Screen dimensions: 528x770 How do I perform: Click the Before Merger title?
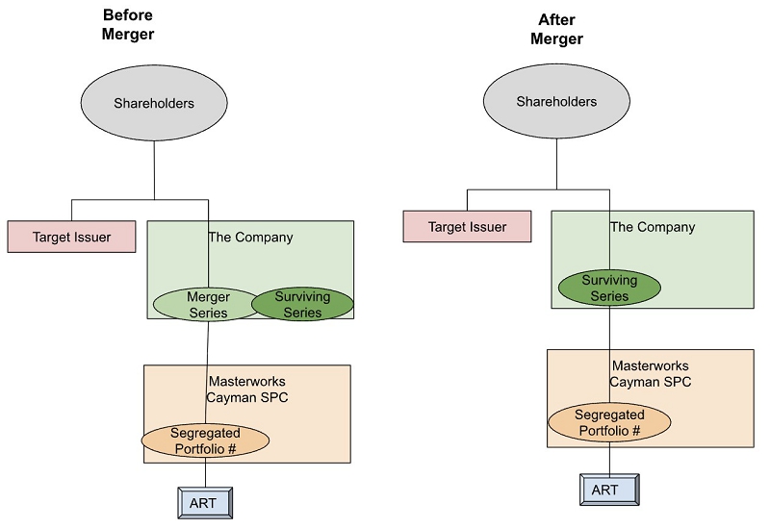(x=127, y=25)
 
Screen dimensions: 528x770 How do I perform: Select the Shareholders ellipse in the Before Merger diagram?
(x=154, y=103)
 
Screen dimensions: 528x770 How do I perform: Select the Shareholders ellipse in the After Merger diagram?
(x=556, y=101)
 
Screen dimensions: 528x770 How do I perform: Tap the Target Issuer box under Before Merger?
(x=71, y=236)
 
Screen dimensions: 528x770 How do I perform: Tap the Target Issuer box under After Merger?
(x=467, y=227)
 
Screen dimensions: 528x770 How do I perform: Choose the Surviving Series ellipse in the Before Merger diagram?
(x=302, y=304)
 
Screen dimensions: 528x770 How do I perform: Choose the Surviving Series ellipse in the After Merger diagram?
(x=609, y=289)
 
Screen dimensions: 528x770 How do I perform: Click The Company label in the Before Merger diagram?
(x=250, y=237)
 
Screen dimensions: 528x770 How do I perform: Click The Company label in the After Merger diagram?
(x=652, y=227)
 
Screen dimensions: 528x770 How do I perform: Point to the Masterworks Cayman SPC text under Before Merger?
(x=245, y=389)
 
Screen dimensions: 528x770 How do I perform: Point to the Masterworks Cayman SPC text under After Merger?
(x=650, y=373)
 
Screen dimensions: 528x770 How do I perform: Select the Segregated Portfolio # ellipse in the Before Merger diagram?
(x=205, y=440)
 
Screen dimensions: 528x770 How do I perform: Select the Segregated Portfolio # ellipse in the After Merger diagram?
(x=608, y=422)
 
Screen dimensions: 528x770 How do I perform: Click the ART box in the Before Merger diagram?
(x=206, y=502)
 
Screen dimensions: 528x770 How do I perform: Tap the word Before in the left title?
(x=127, y=15)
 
